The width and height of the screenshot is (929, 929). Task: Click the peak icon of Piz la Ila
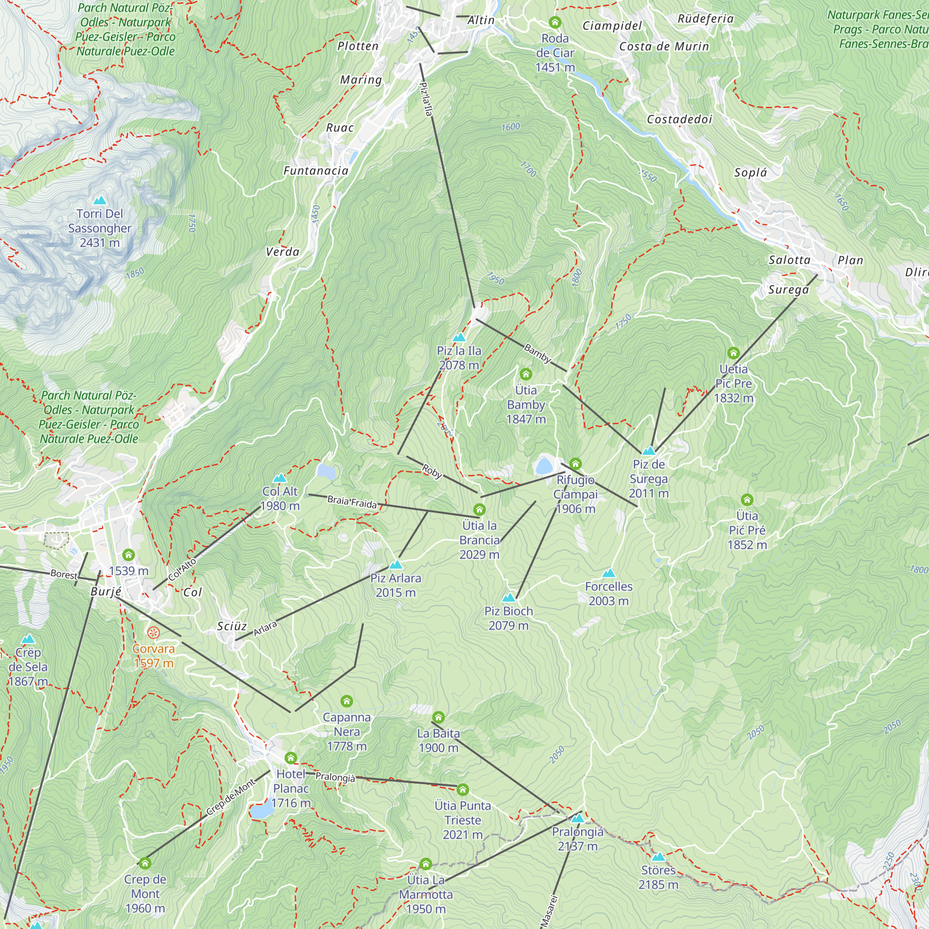click(459, 338)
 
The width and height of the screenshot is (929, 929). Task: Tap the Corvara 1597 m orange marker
click(153, 633)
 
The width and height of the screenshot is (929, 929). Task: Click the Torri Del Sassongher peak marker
click(99, 200)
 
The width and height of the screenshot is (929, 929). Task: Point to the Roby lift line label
click(432, 471)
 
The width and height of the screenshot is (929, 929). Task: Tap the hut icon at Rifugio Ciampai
click(575, 464)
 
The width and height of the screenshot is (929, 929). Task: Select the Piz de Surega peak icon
click(648, 451)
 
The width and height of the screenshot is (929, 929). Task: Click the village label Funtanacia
click(315, 170)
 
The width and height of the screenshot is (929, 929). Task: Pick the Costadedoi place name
click(679, 119)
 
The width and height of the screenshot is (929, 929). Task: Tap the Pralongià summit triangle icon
click(577, 818)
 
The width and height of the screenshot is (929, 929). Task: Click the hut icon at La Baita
click(438, 718)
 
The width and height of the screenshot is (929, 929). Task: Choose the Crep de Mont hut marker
click(145, 863)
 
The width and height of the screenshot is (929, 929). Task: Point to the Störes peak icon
click(658, 857)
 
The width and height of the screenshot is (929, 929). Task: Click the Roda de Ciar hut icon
click(555, 23)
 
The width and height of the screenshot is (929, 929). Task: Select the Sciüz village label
click(232, 626)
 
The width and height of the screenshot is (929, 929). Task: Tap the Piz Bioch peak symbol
click(508, 598)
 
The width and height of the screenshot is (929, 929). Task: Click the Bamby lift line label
click(537, 353)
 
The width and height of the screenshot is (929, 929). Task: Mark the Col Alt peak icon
click(279, 478)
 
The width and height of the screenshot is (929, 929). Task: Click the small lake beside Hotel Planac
click(262, 811)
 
